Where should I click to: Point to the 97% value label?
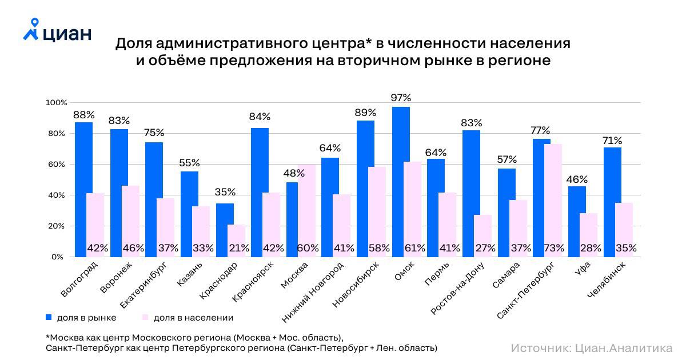(x=401, y=98)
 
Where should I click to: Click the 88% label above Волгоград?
(x=83, y=115)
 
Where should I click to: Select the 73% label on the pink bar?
(x=554, y=249)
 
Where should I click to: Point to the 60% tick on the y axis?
(x=55, y=165)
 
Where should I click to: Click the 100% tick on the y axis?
(x=54, y=103)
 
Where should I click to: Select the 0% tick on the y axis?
(x=57, y=257)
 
